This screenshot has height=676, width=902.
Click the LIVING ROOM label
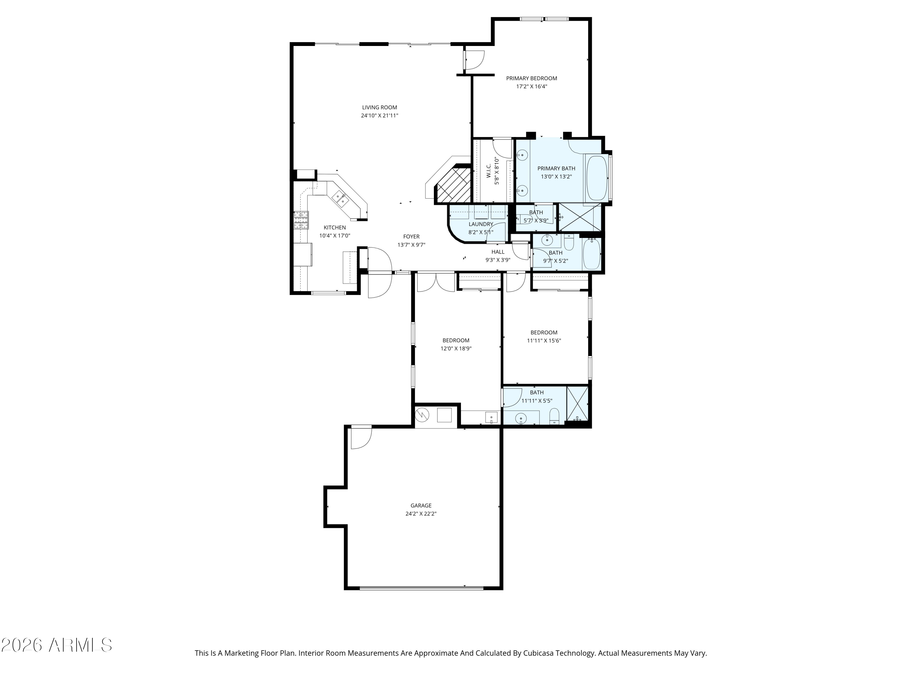pos(379,108)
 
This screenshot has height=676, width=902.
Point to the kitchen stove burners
pos(301,221)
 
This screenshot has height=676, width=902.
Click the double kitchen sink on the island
pos(340,198)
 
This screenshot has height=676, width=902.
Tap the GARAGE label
pos(421,506)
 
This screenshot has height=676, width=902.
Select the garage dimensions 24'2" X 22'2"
pos(421,514)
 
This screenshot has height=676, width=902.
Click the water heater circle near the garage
pos(422,415)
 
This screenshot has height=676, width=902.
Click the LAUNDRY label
pos(481,224)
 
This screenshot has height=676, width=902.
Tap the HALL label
pos(498,252)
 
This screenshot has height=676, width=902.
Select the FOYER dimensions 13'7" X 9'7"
pos(411,245)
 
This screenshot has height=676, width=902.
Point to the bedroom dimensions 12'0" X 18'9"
pos(456,349)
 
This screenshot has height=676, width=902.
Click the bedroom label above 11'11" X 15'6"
pos(544,333)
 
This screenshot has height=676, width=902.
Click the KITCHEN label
pos(334,228)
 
